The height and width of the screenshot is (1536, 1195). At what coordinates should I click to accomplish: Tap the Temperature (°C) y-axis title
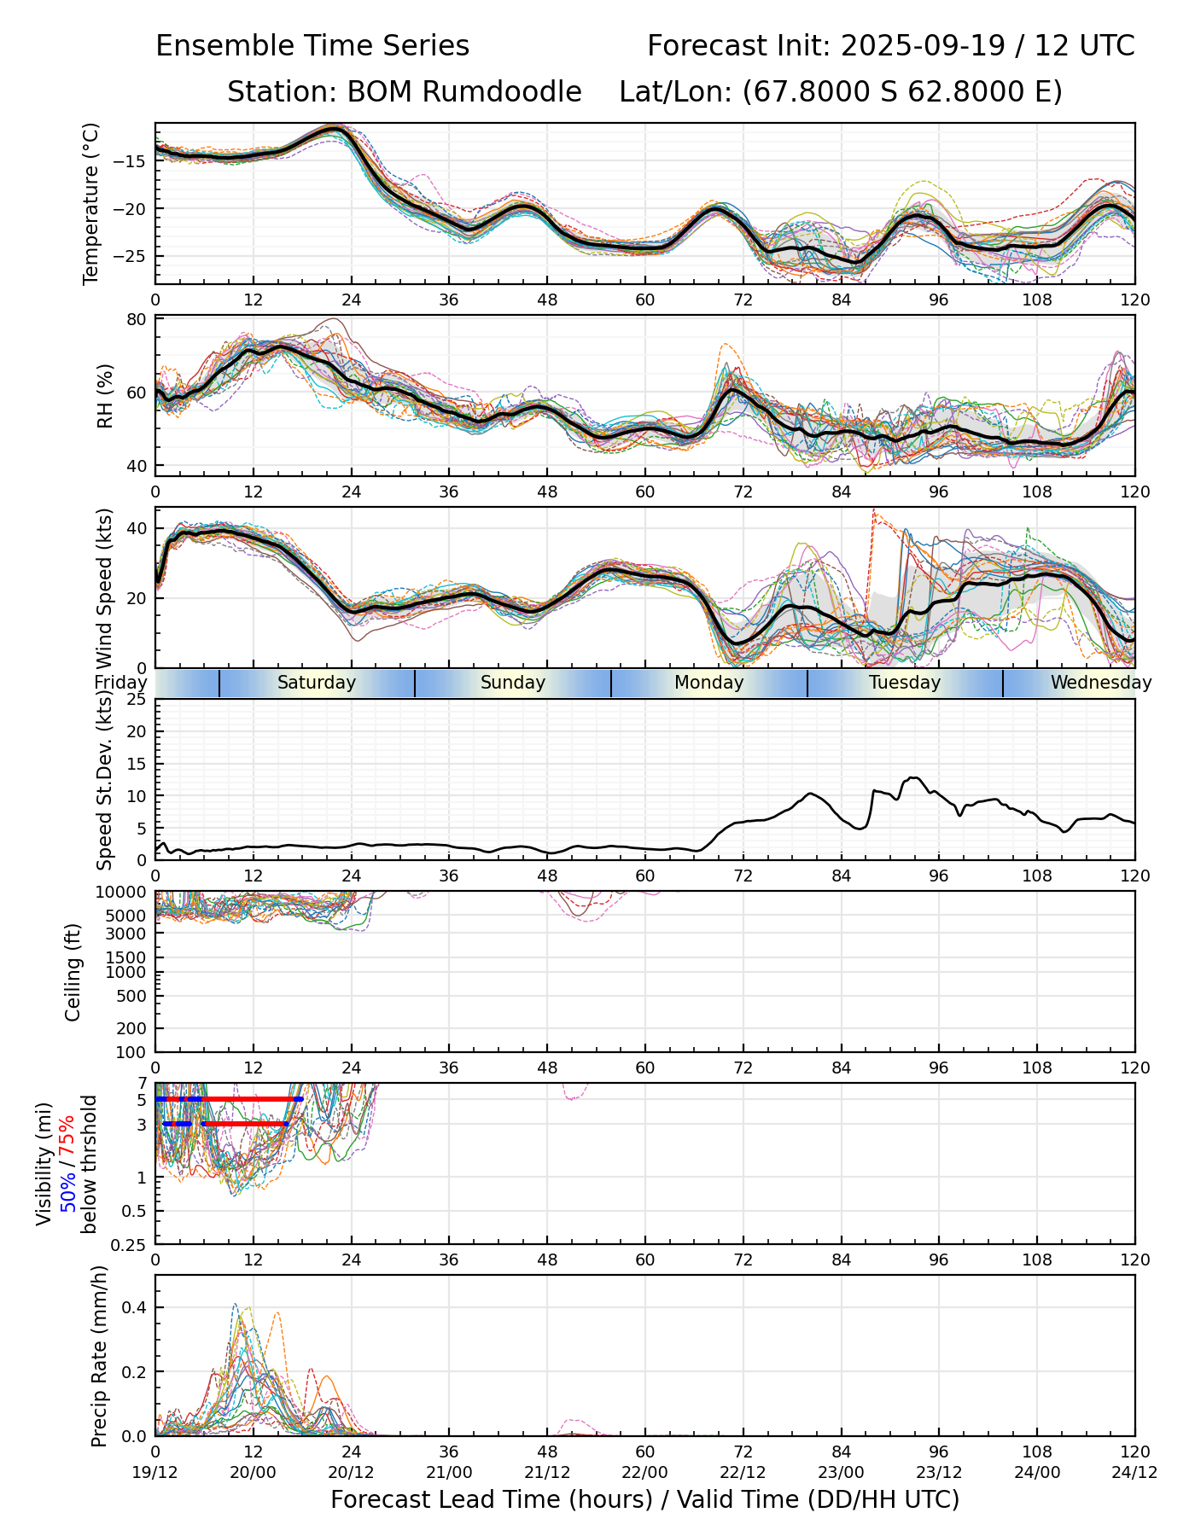pos(91,203)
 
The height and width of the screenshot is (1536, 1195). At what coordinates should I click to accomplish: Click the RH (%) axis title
pos(106,396)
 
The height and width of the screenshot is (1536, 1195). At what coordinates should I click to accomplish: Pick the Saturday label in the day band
pos(317,683)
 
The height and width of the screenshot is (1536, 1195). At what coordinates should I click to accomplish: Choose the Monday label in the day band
pos(708,683)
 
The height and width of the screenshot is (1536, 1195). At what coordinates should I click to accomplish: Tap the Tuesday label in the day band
pos(905,683)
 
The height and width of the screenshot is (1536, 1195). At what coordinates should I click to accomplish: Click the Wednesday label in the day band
pos(1100,683)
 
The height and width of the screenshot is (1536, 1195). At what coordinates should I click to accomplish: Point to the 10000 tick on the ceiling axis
pos(124,893)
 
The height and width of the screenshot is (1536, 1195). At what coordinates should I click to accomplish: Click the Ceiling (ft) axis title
pos(73,972)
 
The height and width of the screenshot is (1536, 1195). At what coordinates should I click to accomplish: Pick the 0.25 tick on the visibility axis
pos(131,1244)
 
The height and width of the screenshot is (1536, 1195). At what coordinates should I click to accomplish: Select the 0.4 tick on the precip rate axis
pos(137,1308)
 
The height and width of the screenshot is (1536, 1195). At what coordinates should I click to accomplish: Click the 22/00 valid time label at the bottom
pos(644,1472)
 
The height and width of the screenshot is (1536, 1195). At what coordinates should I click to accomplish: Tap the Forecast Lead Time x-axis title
pos(644,1499)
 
